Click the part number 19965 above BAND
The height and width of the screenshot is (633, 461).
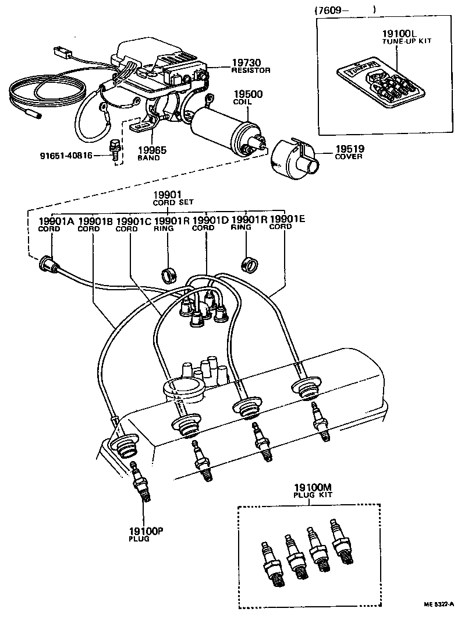coord(152,150)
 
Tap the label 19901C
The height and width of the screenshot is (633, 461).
coord(133,221)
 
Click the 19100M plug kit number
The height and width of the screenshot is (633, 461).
coord(313,487)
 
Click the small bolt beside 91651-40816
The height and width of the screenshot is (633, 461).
coord(114,149)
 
